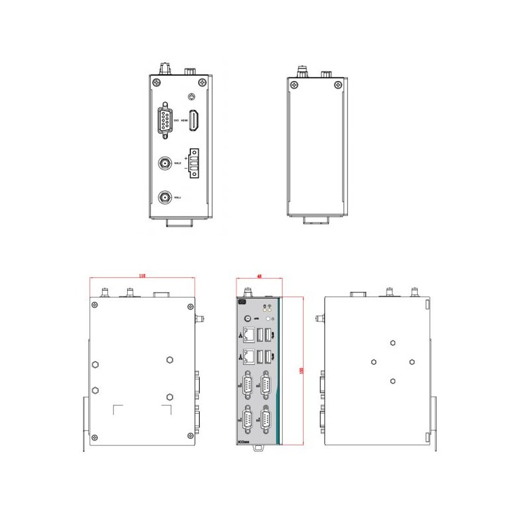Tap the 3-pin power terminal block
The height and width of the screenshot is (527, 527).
(195, 163)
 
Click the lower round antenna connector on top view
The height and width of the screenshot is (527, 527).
(165, 197)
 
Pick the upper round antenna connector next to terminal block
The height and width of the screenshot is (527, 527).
(165, 162)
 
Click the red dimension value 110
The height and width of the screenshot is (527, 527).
(143, 276)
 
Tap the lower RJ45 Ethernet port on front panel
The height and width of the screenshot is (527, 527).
(250, 358)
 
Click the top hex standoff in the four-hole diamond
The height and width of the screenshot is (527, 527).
(393, 343)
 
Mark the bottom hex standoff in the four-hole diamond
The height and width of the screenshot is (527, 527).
(393, 380)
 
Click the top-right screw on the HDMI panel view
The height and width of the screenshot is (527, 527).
(204, 83)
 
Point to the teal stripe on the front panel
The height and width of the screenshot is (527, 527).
(279, 372)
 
